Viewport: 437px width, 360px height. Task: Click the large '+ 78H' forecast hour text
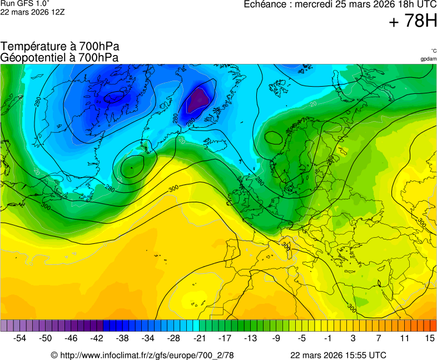pyautogui.click(x=413, y=22)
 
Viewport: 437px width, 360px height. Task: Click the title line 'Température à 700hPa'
pyautogui.click(x=60, y=47)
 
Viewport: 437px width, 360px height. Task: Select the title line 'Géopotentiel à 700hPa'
pyautogui.click(x=59, y=57)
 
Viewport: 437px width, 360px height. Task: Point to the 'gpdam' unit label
pyautogui.click(x=428, y=59)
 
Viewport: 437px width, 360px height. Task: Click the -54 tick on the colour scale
pyautogui.click(x=20, y=338)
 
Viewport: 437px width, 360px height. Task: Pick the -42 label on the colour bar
pyautogui.click(x=97, y=338)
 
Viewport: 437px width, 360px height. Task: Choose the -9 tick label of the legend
pyautogui.click(x=276, y=338)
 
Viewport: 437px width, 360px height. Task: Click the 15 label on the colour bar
pyautogui.click(x=429, y=338)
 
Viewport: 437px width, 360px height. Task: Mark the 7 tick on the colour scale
pyautogui.click(x=378, y=338)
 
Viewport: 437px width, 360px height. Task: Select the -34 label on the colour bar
pyautogui.click(x=148, y=338)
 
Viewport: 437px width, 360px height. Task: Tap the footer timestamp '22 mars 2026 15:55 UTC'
pyautogui.click(x=338, y=355)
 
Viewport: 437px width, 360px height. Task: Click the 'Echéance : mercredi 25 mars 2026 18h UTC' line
pyautogui.click(x=340, y=4)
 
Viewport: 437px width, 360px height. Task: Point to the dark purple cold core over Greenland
pyautogui.click(x=199, y=100)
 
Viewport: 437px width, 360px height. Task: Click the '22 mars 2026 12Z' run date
pyautogui.click(x=32, y=12)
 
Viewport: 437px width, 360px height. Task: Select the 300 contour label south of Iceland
pyautogui.click(x=173, y=189)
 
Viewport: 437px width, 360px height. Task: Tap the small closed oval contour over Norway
pyautogui.click(x=274, y=137)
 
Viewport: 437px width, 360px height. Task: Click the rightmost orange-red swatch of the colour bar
pyautogui.click(x=433, y=326)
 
